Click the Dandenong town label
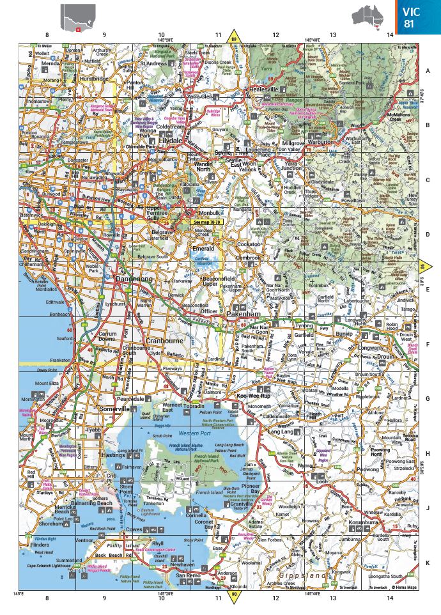pyautogui.click(x=134, y=279)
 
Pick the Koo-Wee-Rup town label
pyautogui.click(x=251, y=396)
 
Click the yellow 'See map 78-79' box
pyautogui.click(x=205, y=222)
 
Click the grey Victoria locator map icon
pyautogui.click(x=78, y=17)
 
